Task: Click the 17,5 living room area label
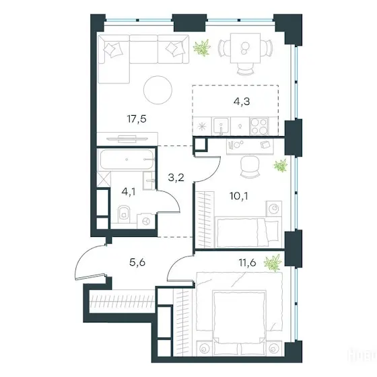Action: tap(137, 119)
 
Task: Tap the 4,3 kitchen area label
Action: tap(242, 102)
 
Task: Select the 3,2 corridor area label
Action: tap(176, 178)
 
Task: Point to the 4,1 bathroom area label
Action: tap(129, 192)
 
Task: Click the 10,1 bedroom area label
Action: tap(239, 196)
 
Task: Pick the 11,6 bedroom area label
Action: tap(248, 263)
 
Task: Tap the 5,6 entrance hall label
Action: tap(137, 263)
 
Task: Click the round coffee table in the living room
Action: tap(158, 90)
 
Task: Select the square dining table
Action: tap(245, 48)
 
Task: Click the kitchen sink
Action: tap(221, 126)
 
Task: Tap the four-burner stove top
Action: tap(259, 127)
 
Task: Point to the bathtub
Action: tap(127, 159)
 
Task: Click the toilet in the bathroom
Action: tap(124, 213)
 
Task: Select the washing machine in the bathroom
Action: tap(146, 221)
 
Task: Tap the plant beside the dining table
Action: tap(202, 47)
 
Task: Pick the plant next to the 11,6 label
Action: tap(273, 263)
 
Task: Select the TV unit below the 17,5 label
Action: tap(127, 139)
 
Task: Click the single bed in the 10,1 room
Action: tap(248, 232)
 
